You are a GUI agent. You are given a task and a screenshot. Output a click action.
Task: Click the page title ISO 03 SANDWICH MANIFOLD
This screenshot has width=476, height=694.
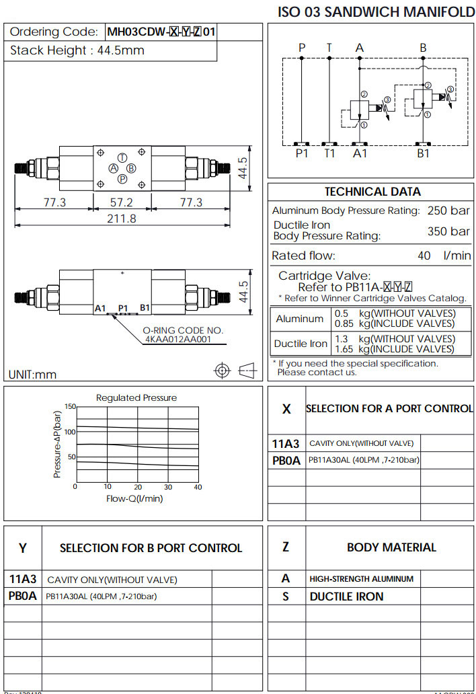tap(376, 11)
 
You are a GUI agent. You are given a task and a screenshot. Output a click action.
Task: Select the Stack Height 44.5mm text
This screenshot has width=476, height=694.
tap(77, 50)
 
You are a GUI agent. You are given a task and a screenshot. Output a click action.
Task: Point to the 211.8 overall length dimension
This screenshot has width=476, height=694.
tap(122, 219)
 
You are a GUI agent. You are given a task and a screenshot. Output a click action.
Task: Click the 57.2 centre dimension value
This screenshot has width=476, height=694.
tap(122, 202)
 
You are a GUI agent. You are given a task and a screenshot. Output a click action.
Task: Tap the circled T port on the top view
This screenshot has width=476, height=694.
tap(122, 156)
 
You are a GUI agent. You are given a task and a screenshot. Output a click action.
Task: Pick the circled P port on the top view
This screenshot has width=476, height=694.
tap(122, 179)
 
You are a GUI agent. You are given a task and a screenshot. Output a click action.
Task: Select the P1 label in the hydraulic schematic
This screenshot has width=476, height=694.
tap(302, 153)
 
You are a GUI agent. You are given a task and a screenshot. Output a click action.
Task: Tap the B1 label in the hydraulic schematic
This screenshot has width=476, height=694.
tap(423, 153)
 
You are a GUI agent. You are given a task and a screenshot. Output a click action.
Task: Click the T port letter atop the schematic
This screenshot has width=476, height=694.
tap(329, 48)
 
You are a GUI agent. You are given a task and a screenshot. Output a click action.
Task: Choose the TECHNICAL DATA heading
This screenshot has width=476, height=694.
tap(372, 192)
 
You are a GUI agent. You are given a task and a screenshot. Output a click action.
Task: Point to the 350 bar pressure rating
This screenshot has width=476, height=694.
tap(448, 231)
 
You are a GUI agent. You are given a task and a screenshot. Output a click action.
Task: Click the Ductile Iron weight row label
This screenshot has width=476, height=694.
tap(301, 344)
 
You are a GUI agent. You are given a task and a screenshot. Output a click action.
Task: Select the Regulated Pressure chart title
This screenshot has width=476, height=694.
tap(136, 397)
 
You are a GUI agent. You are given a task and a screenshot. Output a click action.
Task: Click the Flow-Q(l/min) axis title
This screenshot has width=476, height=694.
tap(134, 498)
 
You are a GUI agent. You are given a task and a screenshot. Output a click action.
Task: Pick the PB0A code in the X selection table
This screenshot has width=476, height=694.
tap(287, 461)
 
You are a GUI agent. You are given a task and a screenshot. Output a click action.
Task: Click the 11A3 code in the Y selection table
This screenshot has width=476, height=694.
tap(23, 579)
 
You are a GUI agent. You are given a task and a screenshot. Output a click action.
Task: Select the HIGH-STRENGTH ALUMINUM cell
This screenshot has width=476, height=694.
tap(362, 578)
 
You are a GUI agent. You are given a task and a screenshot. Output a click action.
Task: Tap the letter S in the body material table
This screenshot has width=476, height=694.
tap(286, 596)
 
